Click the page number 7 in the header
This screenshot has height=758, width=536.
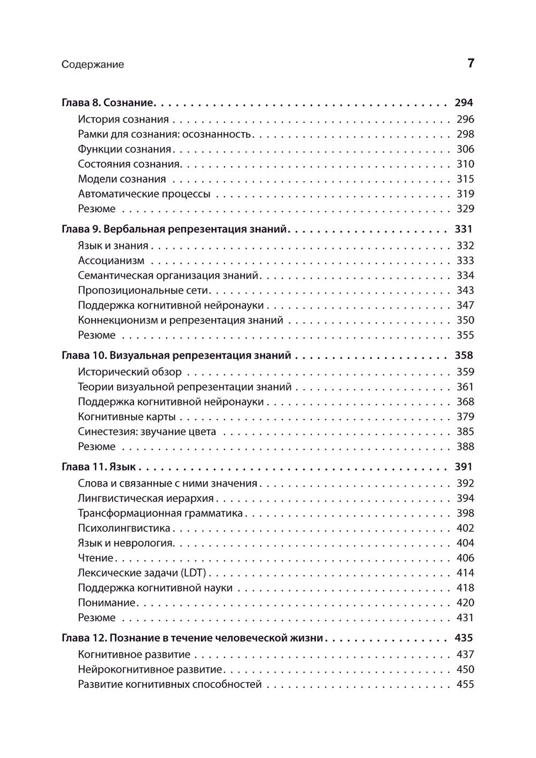pyautogui.click(x=471, y=63)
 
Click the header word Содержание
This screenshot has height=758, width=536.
pyautogui.click(x=93, y=64)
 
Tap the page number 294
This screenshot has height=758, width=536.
pyautogui.click(x=464, y=102)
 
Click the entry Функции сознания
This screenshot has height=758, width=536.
pyautogui.click(x=124, y=149)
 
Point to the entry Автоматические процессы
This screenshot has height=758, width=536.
pyautogui.click(x=144, y=194)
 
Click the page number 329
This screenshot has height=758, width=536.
pyautogui.click(x=465, y=209)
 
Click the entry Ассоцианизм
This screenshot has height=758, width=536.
pyautogui.click(x=111, y=261)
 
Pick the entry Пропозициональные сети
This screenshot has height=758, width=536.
pyautogui.click(x=143, y=290)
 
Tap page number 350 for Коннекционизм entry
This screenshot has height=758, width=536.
pyautogui.click(x=465, y=320)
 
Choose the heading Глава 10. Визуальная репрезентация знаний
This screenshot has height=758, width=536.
pyautogui.click(x=176, y=355)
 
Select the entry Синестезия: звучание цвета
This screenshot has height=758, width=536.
pyautogui.click(x=147, y=431)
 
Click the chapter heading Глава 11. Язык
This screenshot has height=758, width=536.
pyautogui.click(x=99, y=466)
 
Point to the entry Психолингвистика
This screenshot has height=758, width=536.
pyautogui.click(x=124, y=528)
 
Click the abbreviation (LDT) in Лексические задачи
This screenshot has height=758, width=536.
pyautogui.click(x=193, y=573)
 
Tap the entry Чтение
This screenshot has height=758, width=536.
pyautogui.click(x=95, y=558)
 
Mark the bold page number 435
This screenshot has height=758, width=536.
pyautogui.click(x=464, y=638)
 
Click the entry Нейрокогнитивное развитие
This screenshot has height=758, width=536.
pyautogui.click(x=150, y=669)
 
